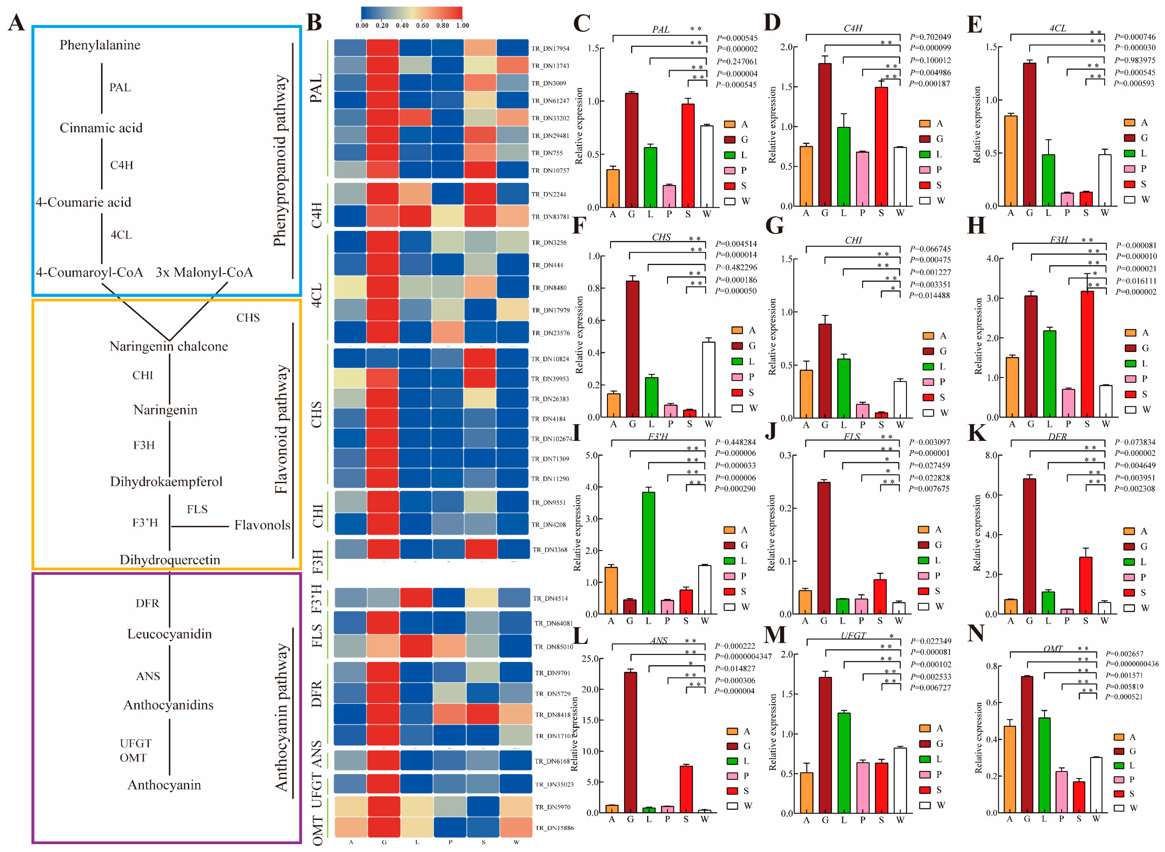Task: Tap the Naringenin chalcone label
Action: (168, 346)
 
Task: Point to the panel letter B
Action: (314, 23)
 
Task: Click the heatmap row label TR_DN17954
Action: (550, 48)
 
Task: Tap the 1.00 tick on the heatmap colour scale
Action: (462, 25)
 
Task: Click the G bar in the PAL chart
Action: (631, 149)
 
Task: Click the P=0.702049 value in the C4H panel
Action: (930, 37)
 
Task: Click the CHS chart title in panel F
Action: (661, 237)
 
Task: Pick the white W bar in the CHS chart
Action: (708, 379)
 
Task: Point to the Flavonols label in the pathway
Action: (262, 525)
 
